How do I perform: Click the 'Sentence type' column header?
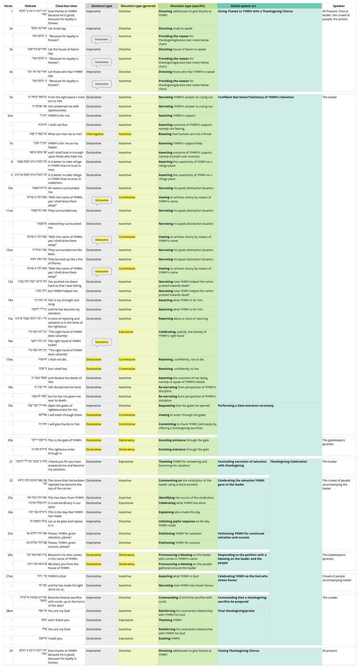tap(101, 6)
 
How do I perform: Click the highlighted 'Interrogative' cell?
tap(95, 134)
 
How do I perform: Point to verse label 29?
tap(10, 651)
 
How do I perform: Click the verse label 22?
tap(10, 480)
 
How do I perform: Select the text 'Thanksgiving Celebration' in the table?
tap(288, 462)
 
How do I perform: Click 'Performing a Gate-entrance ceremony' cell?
tap(246, 406)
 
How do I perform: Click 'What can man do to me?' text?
tap(65, 134)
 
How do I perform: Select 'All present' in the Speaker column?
tap(329, 651)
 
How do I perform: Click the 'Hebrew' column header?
tap(30, 6)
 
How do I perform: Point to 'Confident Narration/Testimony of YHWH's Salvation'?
tap(256, 97)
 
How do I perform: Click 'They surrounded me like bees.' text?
tap(65, 252)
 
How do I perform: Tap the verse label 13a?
tap(10, 282)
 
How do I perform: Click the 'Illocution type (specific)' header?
tap(187, 6)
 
